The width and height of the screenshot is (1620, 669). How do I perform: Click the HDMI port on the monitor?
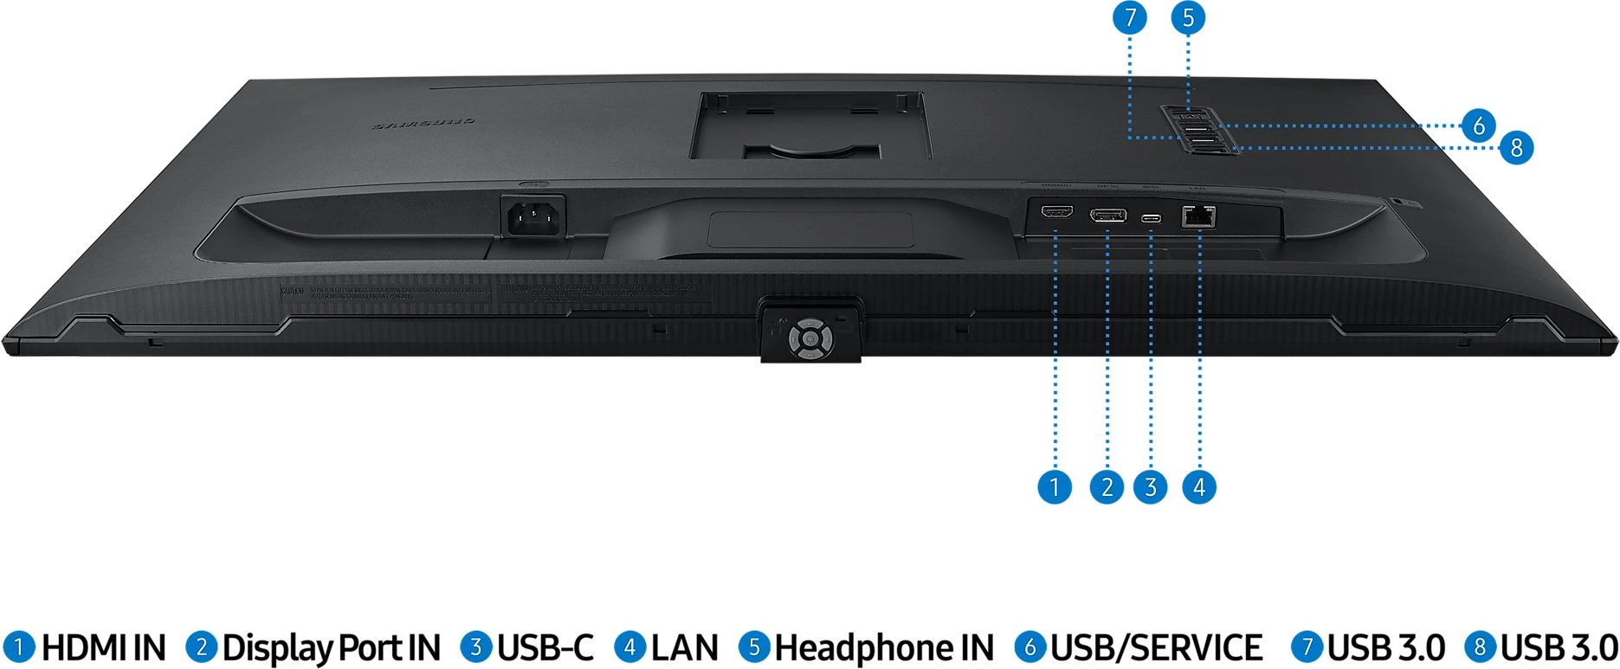1056,212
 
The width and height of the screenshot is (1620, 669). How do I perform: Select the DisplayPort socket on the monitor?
1107,215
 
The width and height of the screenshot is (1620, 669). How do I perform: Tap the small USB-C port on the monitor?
1152,217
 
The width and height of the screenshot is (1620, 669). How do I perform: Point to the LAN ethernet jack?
1198,216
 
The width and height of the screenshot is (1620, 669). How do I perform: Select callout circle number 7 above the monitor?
1130,18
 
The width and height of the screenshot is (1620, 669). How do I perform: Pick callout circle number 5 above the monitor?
1188,18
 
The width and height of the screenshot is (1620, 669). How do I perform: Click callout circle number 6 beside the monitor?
1479,126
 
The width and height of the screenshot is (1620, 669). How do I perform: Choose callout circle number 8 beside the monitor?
1516,148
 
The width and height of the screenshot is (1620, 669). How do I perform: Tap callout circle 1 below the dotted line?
1055,487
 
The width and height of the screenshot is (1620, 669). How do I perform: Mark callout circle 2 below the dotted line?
1107,487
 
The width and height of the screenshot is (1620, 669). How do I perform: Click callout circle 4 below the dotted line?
1199,487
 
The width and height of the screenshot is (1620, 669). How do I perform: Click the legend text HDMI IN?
103,647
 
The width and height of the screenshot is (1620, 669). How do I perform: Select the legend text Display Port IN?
332,647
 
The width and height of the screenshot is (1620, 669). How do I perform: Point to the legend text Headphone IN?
884,647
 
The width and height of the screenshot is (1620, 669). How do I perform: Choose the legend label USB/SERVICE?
1156,647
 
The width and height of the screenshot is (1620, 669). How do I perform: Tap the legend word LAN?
684,647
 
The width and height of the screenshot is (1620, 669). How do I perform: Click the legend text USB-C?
545,647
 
